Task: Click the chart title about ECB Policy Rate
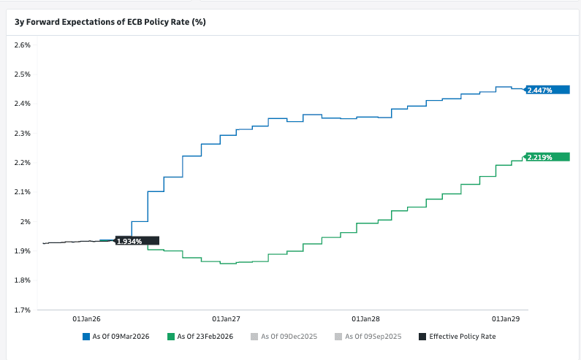[x=110, y=22]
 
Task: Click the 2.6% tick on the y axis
[x=22, y=45]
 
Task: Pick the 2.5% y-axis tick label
[x=22, y=74]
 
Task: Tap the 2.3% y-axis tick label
[x=22, y=134]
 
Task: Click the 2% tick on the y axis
[x=25, y=221]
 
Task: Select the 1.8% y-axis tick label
[x=22, y=280]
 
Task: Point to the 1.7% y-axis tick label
[x=22, y=310]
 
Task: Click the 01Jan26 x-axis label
[x=86, y=319]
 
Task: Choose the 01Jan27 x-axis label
[x=226, y=319]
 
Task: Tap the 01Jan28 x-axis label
[x=365, y=319]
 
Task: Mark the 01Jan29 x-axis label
[x=505, y=319]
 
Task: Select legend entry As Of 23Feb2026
[x=202, y=337]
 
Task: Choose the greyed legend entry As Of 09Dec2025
[x=286, y=337]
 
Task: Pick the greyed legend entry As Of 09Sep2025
[x=370, y=337]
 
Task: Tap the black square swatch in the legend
[x=422, y=337]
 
